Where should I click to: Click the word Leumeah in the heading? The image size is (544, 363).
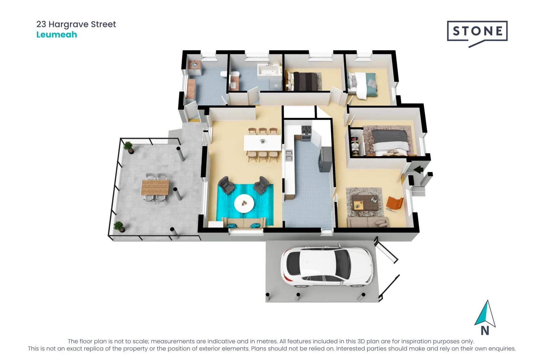pos(56,35)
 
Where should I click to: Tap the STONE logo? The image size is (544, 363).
pos(477,31)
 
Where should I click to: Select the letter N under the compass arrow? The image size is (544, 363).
pos(485,331)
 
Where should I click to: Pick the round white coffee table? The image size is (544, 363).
pos(244,203)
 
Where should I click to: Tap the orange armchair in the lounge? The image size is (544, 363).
pos(395,203)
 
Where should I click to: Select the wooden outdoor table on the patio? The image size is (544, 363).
pos(155,187)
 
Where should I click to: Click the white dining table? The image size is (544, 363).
pos(262,143)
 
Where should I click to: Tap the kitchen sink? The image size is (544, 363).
pos(288,155)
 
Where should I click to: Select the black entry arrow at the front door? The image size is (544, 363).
pos(418,170)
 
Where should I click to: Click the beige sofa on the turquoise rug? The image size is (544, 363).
pos(243,222)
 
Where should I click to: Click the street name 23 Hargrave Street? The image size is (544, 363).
pos(76,24)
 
